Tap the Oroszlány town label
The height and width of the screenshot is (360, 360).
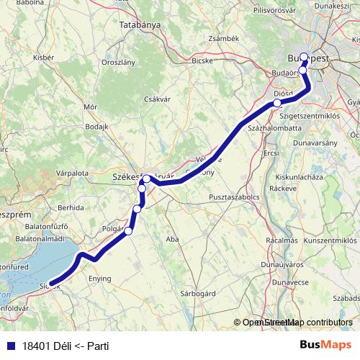pos(119,63)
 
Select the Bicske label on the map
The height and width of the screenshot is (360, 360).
pos(202,61)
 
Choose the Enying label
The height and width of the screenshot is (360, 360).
pos(99,278)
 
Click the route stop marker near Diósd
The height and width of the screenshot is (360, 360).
pos(277,104)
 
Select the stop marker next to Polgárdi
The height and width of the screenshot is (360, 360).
pos(129,231)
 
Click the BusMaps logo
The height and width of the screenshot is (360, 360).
pos(326,346)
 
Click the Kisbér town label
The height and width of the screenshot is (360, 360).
pos(43,56)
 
